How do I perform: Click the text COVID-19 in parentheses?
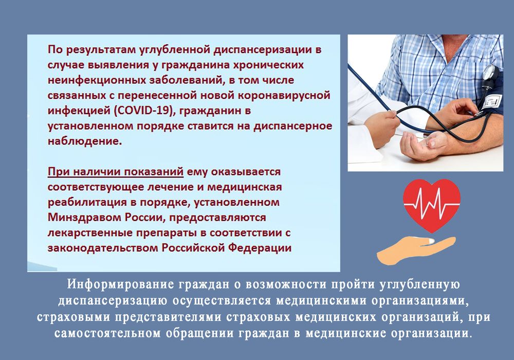pyautogui.click(x=143, y=111)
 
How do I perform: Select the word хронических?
pyautogui.click(x=268, y=65)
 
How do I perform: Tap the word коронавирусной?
pyautogui.click(x=284, y=96)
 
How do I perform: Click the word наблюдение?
pyautogui.click(x=85, y=141)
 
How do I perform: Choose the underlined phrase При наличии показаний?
pyautogui.click(x=115, y=172)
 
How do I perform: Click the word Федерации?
pyautogui.click(x=260, y=248)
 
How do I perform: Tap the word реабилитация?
pyautogui.click(x=87, y=202)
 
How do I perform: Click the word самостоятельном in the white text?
pyautogui.click(x=107, y=333)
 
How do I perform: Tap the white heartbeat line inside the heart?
pyautogui.click(x=432, y=201)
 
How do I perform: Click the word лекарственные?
pyautogui.click(x=90, y=233)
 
